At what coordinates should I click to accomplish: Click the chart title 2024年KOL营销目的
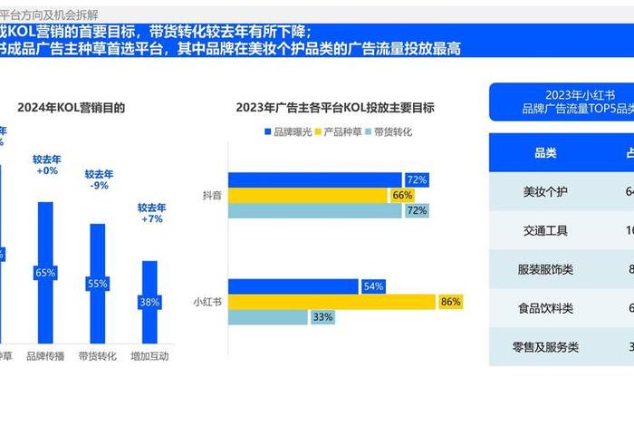click(71, 108)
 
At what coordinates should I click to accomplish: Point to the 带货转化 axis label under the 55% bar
click(97, 356)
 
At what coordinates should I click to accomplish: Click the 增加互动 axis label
click(149, 356)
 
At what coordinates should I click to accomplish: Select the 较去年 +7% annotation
click(151, 213)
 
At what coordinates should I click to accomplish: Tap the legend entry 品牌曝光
click(292, 132)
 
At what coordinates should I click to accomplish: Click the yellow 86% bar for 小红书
click(345, 302)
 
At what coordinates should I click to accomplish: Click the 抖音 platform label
click(211, 195)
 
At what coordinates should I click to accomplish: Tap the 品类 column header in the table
click(545, 153)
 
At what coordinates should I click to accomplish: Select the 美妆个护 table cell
click(545, 192)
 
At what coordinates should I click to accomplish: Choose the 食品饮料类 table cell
click(545, 308)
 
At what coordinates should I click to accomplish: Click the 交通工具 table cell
click(545, 231)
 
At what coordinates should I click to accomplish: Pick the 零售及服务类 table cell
click(545, 347)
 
